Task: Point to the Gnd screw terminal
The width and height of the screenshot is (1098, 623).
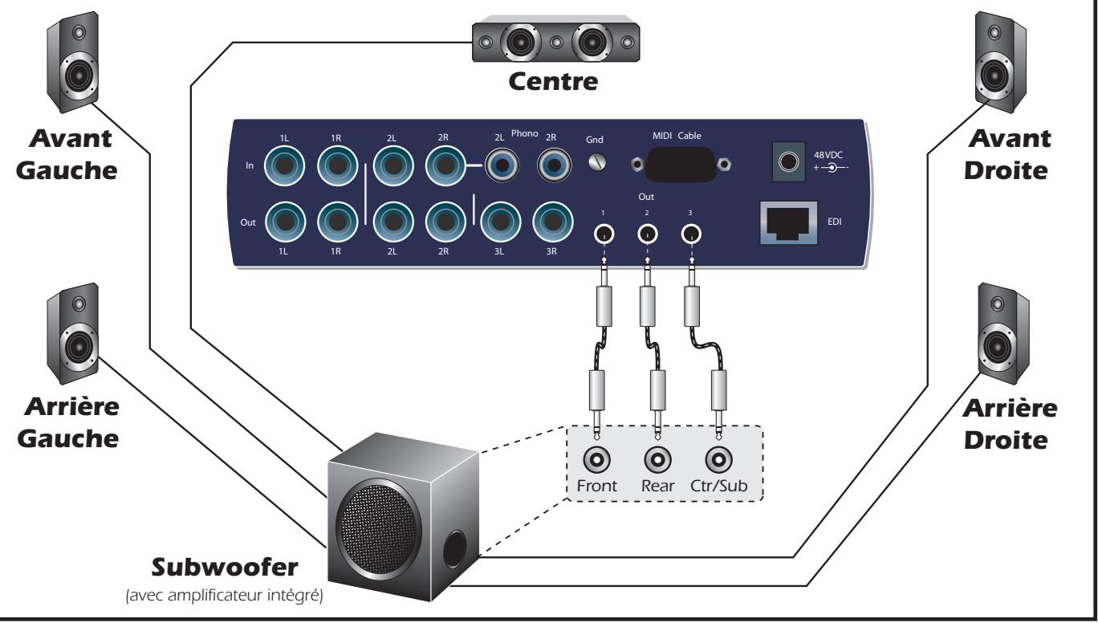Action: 596,162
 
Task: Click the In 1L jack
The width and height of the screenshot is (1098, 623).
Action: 285,167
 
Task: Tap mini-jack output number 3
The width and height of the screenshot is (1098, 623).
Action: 689,234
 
